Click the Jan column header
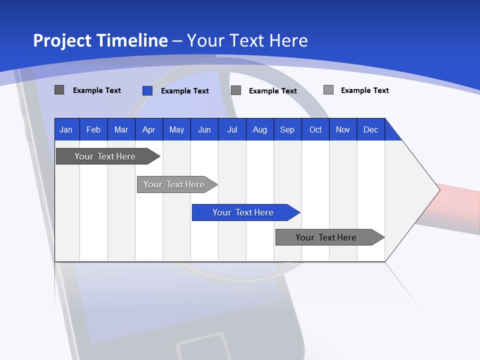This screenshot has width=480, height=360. [x=66, y=130]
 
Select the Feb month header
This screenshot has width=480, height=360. [x=93, y=130]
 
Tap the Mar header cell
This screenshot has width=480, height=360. [x=121, y=130]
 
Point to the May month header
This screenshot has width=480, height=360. [x=176, y=130]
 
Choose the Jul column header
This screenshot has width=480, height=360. [x=232, y=130]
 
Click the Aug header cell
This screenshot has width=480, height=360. [x=259, y=130]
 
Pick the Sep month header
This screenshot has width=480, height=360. [x=287, y=130]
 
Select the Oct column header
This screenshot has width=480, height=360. [x=315, y=130]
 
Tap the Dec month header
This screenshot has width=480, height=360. [x=370, y=130]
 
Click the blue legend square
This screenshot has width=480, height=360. [x=147, y=90]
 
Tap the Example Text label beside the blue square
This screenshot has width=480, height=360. [x=184, y=91]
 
